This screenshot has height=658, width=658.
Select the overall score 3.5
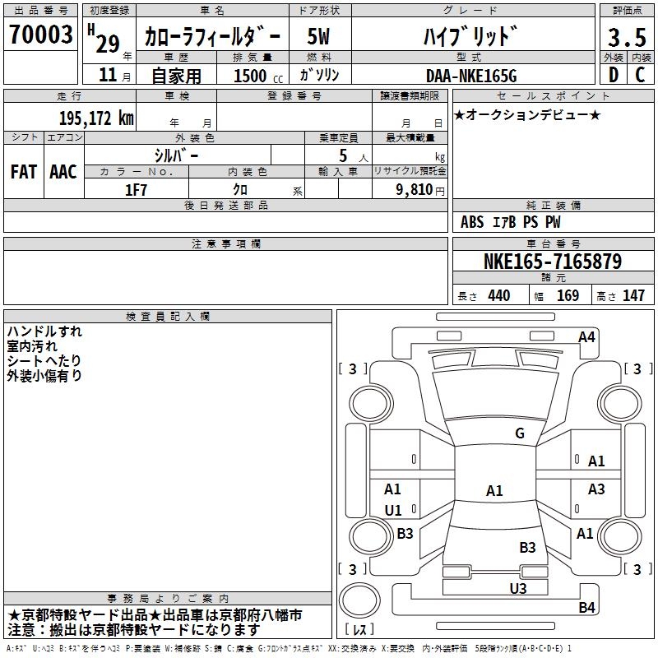pos(626,38)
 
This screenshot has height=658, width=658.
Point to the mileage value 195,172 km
pos(96,118)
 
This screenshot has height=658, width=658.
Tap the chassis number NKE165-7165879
pos(552,262)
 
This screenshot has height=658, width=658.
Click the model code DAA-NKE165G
pos(470,76)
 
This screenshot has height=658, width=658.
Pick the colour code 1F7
pos(136,190)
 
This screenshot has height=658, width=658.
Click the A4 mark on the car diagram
pos(586,337)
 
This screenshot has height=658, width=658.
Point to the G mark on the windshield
pos(519,433)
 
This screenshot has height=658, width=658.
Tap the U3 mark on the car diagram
pos(517,588)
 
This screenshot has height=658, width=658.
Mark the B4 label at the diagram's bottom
pos(586,608)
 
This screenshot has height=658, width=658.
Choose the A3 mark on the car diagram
pos(596,489)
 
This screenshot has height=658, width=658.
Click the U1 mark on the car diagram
pos(393,510)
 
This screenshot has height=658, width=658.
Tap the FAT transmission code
pos(24,172)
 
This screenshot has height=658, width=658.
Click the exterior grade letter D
pos(613,75)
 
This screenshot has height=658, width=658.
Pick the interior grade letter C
pos(640,75)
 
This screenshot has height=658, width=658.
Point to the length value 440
pos(498,296)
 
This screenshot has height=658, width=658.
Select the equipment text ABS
pos(472,222)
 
